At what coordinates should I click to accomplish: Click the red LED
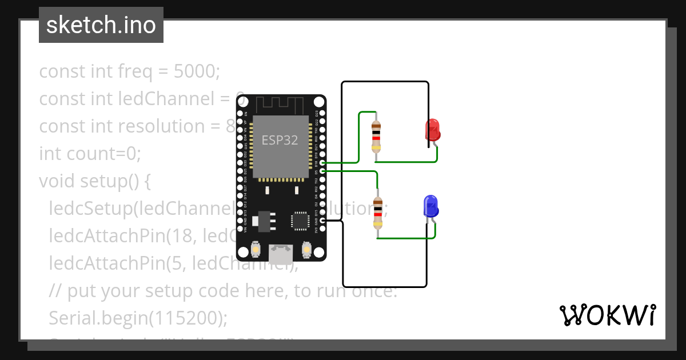pos(432,130)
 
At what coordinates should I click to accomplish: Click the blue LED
pos(430,206)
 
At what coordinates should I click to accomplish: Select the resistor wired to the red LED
pos(376,136)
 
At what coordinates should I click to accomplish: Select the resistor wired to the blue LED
pos(377,212)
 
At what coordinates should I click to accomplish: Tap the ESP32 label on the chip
pos(280,140)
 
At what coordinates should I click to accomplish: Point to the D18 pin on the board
pos(323,163)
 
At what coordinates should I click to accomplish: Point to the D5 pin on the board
pos(323,170)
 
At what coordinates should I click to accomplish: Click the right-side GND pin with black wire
pos(323,221)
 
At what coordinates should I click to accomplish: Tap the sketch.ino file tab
pos(101,25)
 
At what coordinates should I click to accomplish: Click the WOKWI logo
pos(607,315)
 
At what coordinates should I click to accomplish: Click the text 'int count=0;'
pos(90,154)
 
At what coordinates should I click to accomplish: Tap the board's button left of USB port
pos(255,250)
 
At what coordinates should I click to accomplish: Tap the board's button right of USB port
pos(306,250)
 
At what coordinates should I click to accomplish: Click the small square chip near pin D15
pos(300,221)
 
